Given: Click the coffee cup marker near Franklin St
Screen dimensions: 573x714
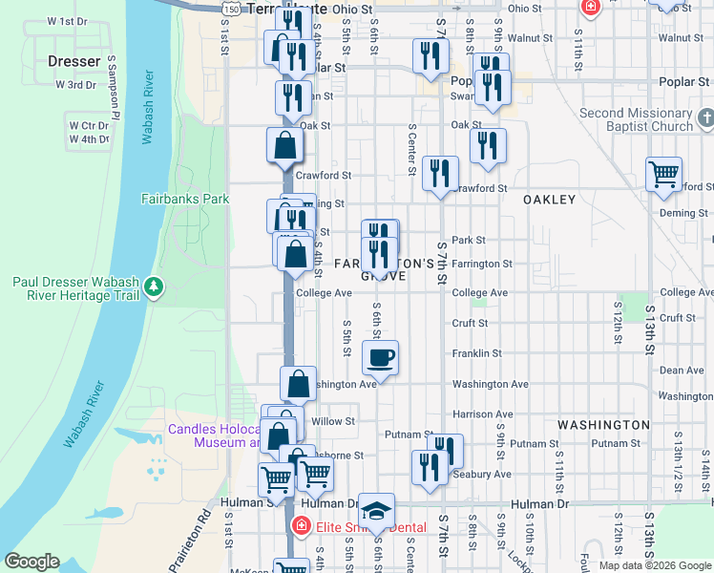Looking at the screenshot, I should (381, 359).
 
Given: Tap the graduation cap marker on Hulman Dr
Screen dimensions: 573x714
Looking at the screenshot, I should (377, 511).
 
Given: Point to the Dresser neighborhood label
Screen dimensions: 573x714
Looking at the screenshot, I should (73, 61).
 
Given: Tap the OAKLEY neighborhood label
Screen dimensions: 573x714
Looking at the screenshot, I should (549, 200).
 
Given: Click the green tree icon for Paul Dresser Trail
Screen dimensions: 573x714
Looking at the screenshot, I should (151, 286).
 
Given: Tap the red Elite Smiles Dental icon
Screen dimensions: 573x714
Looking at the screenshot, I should (300, 525).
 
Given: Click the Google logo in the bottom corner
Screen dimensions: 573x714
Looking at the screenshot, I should (31, 562).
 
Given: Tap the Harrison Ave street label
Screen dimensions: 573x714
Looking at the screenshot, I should (482, 414).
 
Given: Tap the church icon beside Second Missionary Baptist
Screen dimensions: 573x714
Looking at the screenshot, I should (705, 119).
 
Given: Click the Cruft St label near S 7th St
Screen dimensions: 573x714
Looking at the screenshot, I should (470, 324).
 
